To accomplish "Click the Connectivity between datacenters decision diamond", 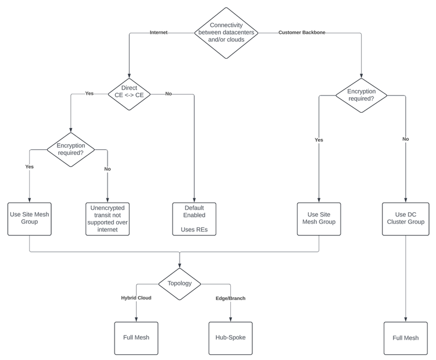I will click(226, 33).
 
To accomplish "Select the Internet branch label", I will click(158, 33).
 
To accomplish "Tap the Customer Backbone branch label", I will click(302, 33).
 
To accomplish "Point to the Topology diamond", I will click(180, 284).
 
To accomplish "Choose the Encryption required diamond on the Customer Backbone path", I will click(361, 95).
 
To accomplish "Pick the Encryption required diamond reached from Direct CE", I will click(70, 149).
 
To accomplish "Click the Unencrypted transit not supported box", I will click(108, 219).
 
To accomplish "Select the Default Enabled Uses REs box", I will click(194, 219).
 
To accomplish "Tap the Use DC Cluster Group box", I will click(405, 219).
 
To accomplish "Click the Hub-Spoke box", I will click(230, 338).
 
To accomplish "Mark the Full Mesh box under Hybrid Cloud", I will click(136, 338).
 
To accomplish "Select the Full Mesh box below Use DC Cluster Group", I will click(405, 338).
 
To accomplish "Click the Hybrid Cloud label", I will click(136, 298).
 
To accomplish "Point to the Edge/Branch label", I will click(230, 298).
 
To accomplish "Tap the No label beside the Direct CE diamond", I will click(169, 94).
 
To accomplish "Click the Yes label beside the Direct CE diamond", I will click(89, 94).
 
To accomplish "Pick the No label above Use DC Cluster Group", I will click(405, 140).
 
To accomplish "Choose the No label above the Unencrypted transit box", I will click(108, 169).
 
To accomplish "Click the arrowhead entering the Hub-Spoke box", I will click(230, 319).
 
